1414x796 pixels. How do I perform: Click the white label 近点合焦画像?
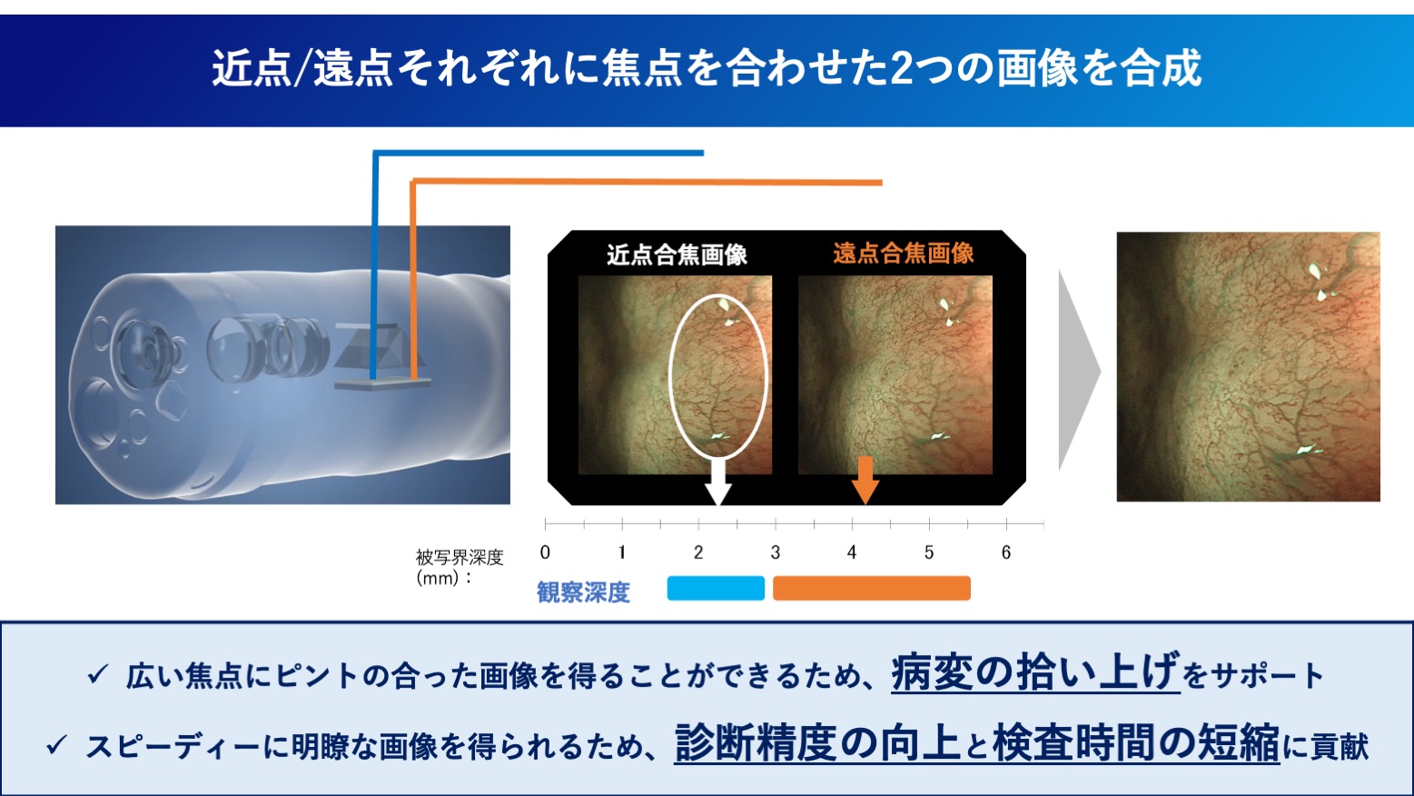click(677, 254)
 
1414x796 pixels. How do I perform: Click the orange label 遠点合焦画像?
click(904, 254)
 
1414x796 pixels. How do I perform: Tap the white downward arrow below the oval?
click(717, 482)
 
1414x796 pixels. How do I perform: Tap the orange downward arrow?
click(865, 480)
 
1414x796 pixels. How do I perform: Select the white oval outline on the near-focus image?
click(669, 376)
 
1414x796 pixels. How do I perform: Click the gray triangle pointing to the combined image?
click(1080, 371)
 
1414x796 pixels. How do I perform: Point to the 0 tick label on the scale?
click(545, 552)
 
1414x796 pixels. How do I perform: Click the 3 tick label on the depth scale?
click(776, 552)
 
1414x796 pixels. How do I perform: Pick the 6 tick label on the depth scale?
click(1006, 552)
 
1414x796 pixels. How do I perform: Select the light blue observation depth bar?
click(716, 588)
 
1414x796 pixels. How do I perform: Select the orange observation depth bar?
click(872, 588)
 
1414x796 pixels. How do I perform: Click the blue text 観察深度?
click(583, 592)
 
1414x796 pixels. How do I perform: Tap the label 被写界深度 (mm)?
click(459, 567)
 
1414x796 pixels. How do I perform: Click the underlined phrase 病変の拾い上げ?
click(1035, 672)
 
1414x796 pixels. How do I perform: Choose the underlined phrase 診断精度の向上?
click(817, 743)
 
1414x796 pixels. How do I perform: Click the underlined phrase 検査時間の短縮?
click(1136, 743)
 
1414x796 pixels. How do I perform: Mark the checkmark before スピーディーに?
click(57, 744)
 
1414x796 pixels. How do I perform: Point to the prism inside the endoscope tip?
click(378, 346)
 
